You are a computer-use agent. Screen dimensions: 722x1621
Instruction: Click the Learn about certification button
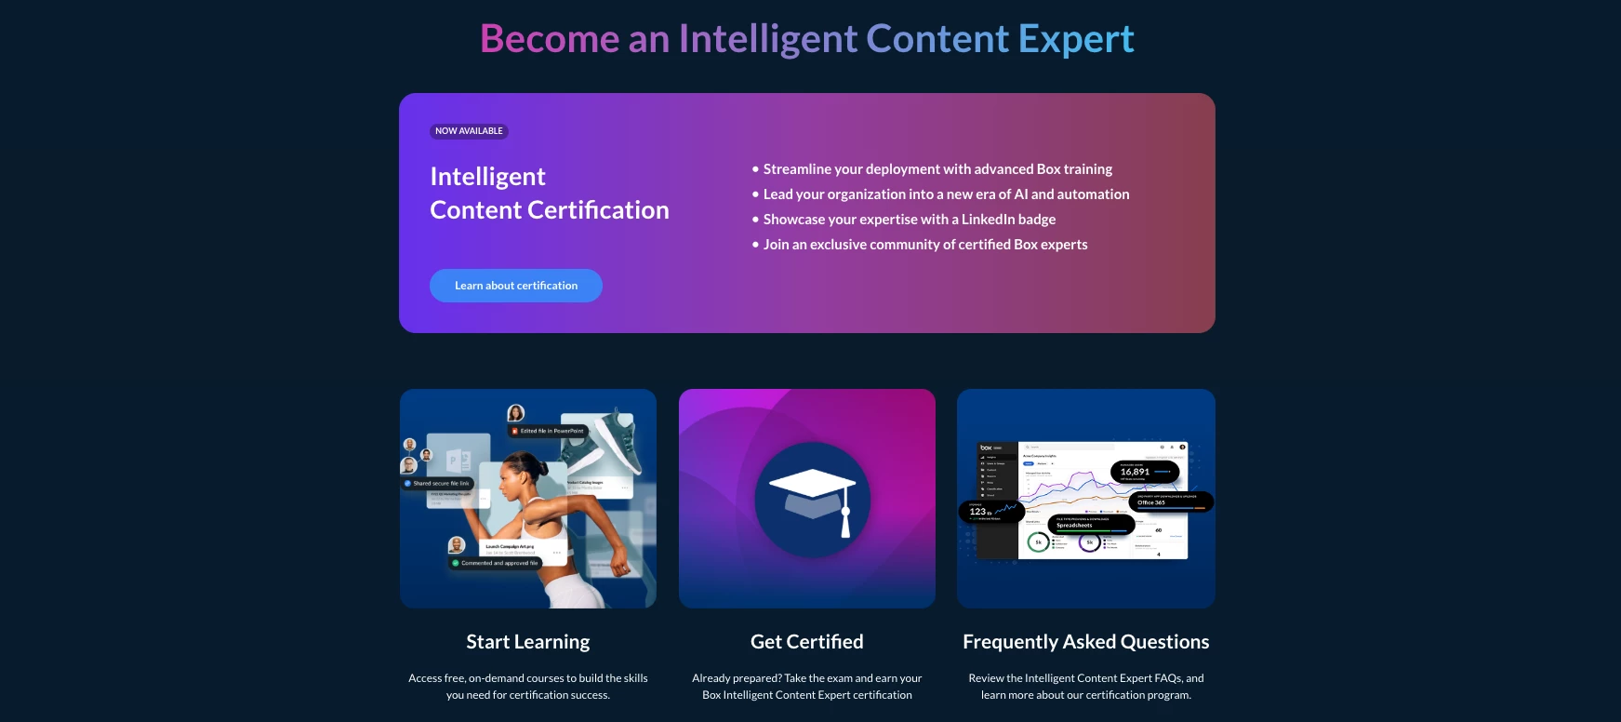[x=516, y=286]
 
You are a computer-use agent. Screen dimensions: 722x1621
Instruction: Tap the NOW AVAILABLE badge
[x=469, y=131]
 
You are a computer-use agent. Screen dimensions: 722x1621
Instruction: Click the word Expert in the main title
[x=1075, y=39]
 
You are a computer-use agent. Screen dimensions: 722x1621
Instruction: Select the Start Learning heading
[x=527, y=642]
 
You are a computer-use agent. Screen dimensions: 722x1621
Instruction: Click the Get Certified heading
[x=806, y=642]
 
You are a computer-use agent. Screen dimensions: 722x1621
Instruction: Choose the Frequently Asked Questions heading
[x=1085, y=642]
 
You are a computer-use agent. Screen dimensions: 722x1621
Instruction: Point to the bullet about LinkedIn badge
[x=909, y=220]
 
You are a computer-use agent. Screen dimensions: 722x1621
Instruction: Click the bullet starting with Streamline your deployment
[x=937, y=169]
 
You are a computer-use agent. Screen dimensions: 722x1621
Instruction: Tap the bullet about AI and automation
[x=946, y=194]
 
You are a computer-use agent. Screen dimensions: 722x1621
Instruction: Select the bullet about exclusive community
[x=924, y=245]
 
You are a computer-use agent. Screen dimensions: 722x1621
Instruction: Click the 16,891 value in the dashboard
[x=1135, y=472]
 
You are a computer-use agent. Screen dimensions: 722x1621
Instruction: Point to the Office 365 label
[x=1151, y=502]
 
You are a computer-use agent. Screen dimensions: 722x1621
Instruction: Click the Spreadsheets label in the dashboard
[x=1074, y=526]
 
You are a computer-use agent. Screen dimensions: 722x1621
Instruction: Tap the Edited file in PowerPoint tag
[x=550, y=431]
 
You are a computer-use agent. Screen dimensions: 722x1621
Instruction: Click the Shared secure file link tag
[x=439, y=484]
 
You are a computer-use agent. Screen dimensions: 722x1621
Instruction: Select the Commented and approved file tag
[x=497, y=563]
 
